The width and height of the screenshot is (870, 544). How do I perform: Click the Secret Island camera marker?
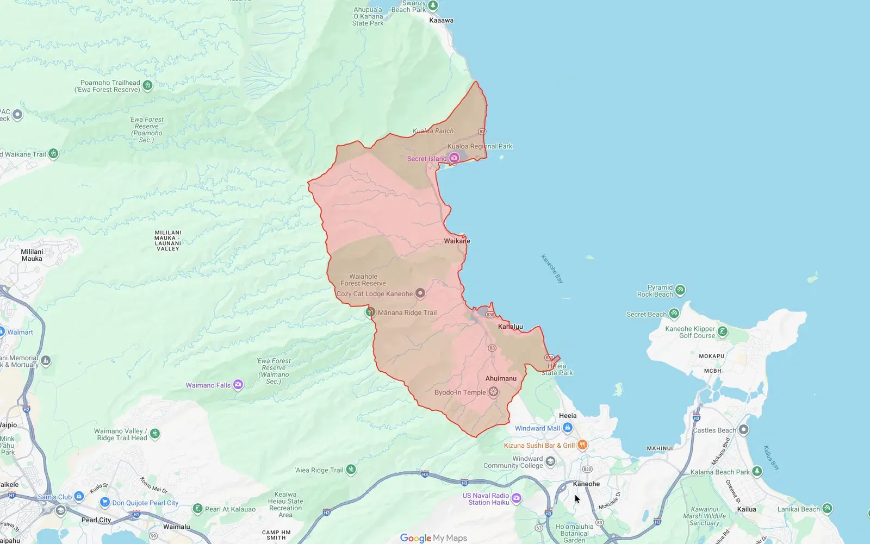454,158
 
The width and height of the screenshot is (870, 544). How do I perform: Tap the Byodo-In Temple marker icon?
493,392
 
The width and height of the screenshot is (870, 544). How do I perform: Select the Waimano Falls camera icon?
238,385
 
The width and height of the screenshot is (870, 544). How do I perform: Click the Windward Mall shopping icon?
568,428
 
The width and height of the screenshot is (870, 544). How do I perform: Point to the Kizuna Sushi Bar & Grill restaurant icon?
582,445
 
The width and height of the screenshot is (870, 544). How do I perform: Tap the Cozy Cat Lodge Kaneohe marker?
420,293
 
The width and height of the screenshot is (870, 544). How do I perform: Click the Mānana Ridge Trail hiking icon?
370,312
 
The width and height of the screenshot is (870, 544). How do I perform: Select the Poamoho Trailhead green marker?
147,85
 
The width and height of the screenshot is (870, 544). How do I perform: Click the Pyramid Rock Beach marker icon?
680,290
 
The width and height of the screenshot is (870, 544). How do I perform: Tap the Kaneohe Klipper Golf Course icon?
723,332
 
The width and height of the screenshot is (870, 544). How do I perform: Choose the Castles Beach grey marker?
743,430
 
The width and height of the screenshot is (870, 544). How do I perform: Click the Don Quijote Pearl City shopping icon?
105,503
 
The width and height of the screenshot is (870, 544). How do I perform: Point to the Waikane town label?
457,241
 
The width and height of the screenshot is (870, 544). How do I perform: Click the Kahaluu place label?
510,327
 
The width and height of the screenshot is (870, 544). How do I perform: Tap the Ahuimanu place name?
501,378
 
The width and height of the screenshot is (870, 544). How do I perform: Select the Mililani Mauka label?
32,255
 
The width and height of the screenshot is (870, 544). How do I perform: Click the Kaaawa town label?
441,21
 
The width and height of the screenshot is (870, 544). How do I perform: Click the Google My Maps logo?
433,537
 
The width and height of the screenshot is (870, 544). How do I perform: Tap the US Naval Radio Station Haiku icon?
517,498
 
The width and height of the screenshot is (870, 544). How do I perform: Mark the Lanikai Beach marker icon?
827,509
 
